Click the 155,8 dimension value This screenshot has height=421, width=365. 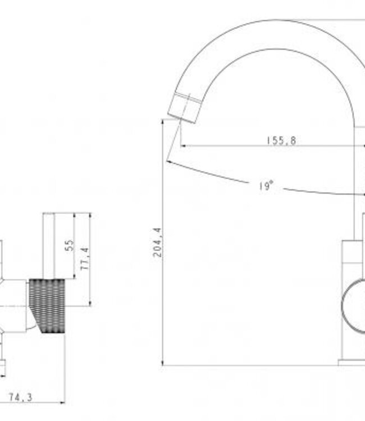click(x=281, y=140)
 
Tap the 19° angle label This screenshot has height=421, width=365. click(x=266, y=186)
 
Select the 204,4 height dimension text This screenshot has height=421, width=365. click(x=157, y=242)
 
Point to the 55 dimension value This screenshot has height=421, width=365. click(x=69, y=245)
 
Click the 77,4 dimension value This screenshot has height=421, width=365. click(x=84, y=259)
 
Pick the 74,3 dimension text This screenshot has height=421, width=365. click(x=21, y=397)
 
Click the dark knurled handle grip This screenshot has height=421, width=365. click(x=47, y=306)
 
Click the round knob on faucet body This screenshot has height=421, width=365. click(x=353, y=305)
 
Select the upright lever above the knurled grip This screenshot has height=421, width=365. click(x=49, y=246)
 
